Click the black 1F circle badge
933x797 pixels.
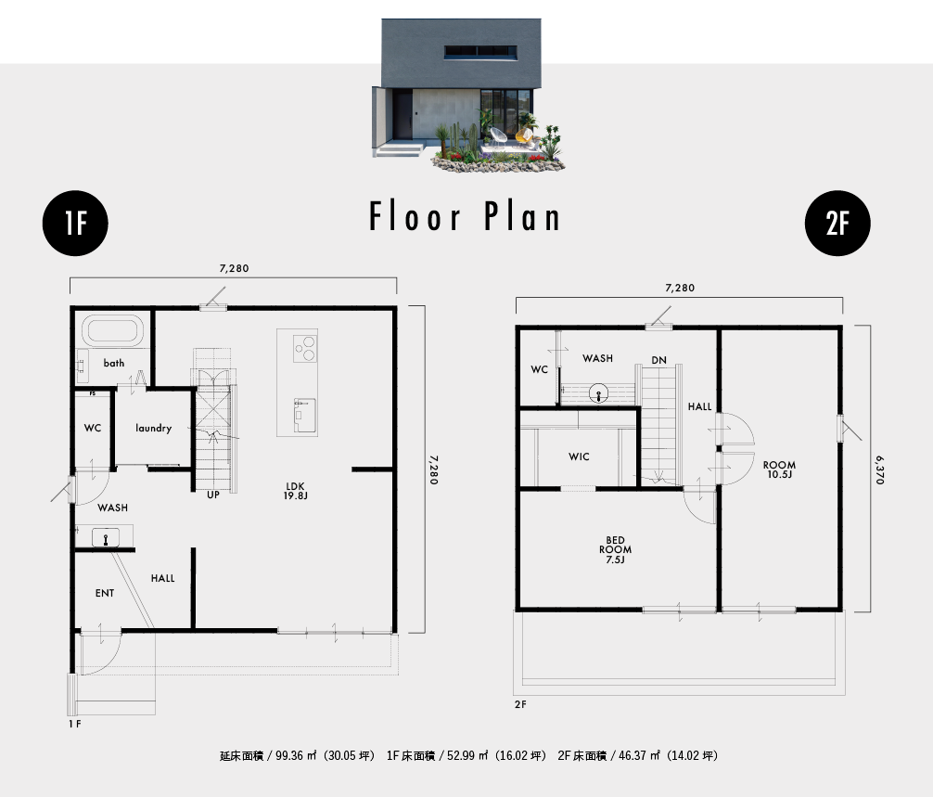click(75, 224)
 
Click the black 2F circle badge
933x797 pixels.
click(837, 224)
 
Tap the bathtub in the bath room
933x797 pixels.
click(112, 330)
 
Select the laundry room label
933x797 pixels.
click(154, 428)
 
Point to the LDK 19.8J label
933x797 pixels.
click(295, 491)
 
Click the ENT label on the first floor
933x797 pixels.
click(105, 593)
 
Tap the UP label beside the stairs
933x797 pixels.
click(213, 495)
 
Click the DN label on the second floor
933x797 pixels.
click(658, 360)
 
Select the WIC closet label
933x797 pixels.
click(579, 456)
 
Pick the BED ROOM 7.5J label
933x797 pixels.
click(615, 550)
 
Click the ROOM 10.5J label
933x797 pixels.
click(779, 469)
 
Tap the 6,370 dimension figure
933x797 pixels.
click(880, 469)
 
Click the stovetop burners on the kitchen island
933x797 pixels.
click(305, 348)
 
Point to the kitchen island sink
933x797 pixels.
click(304, 415)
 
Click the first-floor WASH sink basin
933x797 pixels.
click(106, 538)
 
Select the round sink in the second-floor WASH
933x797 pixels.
click(598, 394)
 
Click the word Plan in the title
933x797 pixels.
click(522, 216)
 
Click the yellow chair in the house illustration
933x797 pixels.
click(524, 135)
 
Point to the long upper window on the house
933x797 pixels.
click(480, 52)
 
